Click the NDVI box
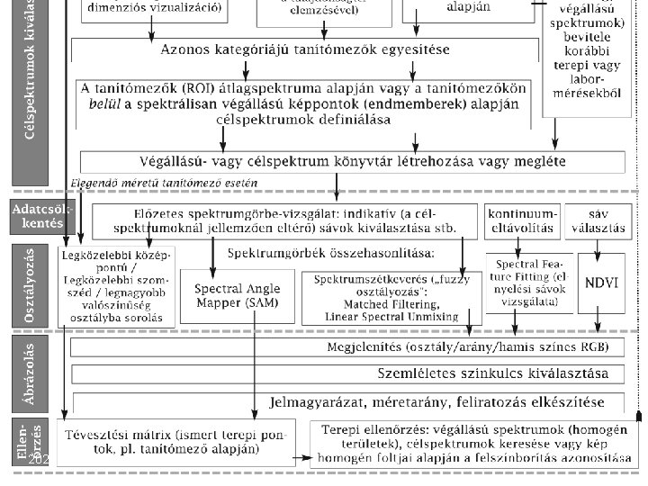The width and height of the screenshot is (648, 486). coord(600,282)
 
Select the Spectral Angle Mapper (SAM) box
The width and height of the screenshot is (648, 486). coord(237,296)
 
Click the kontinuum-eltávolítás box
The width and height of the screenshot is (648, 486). coord(523,221)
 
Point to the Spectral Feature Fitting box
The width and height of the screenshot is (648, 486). coord(528,282)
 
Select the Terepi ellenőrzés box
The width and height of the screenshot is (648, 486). coord(472,442)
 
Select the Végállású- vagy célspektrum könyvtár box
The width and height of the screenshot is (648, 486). coord(352,162)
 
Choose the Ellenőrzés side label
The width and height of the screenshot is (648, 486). coord(31,442)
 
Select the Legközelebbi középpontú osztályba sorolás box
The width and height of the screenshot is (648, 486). coord(114,286)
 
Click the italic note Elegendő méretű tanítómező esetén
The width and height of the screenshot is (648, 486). coord(164,184)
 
